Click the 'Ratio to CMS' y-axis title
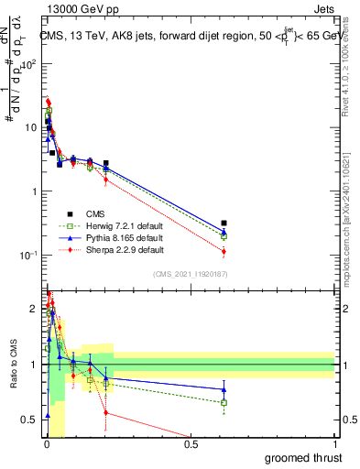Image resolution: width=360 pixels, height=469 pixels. [x=15, y=365]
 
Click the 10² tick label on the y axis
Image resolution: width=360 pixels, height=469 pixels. [x=28, y=65]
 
